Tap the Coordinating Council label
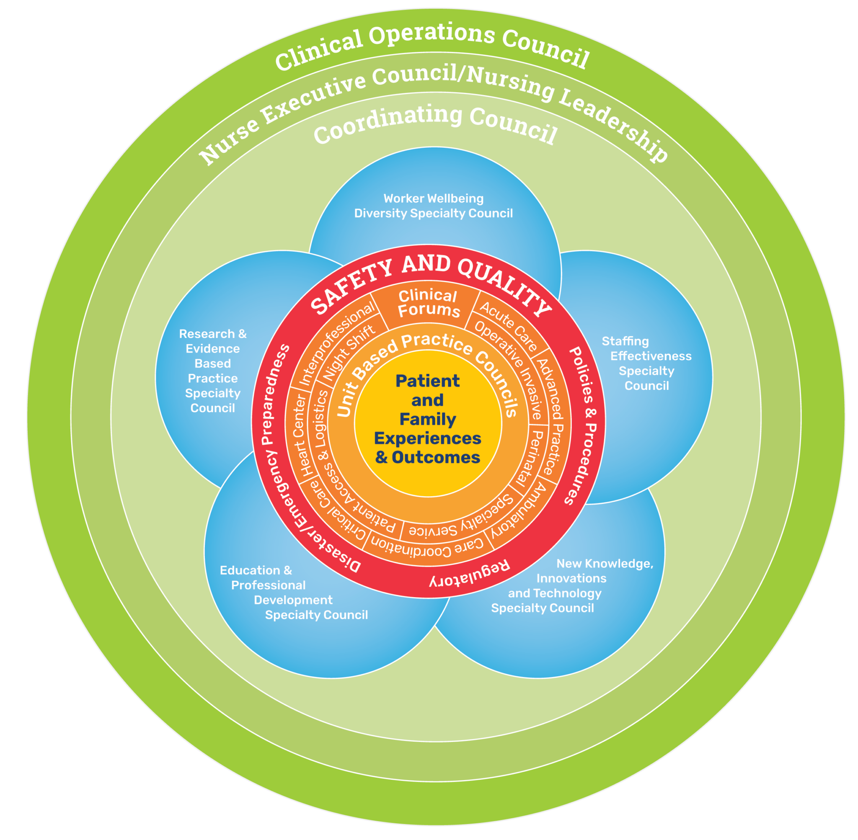point(435,124)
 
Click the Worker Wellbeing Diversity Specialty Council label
point(434,206)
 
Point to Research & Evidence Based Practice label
point(213,371)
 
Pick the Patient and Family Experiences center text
point(427,419)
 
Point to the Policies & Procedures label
point(583,426)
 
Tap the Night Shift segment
point(349,353)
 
